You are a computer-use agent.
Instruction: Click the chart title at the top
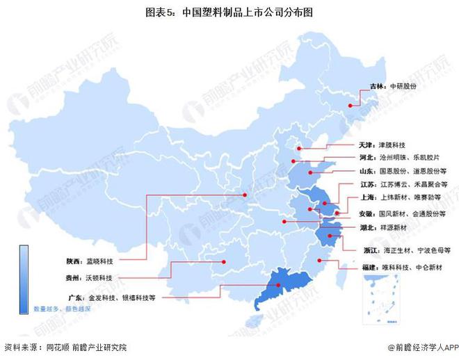(229, 12)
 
